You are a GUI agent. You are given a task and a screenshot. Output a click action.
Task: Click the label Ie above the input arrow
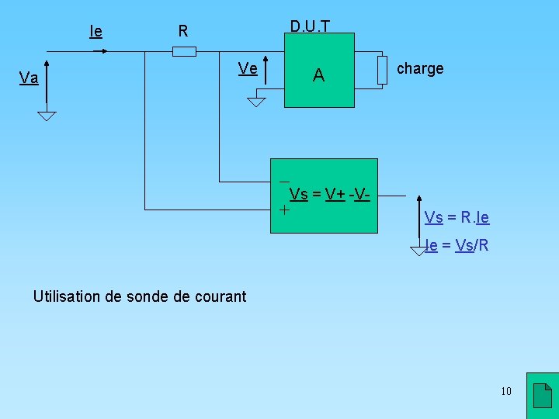point(96,32)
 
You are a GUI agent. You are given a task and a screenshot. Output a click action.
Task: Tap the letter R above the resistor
point(183,32)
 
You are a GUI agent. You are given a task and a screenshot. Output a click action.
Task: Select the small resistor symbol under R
point(184,51)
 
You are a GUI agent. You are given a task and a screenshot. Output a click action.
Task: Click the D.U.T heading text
point(310,26)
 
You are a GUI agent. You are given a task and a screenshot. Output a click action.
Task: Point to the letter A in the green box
point(318,75)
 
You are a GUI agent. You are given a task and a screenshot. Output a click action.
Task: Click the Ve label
point(248,68)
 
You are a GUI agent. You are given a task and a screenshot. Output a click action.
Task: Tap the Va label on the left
point(30,78)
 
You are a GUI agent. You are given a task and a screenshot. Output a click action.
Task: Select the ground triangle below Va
point(47,116)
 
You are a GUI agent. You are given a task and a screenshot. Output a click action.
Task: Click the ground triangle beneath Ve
point(257,102)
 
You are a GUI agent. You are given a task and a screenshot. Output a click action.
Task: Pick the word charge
point(420,68)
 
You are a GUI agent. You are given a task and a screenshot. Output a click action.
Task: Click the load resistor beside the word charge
point(382,70)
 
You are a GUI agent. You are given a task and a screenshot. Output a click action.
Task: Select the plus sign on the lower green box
point(284,209)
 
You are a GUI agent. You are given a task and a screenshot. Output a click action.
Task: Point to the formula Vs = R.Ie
point(457,217)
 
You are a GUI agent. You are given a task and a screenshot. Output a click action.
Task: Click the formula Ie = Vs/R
point(457,246)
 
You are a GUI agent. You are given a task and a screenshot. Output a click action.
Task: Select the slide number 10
point(506,391)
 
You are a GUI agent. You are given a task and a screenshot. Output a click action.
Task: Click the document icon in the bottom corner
point(543,396)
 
